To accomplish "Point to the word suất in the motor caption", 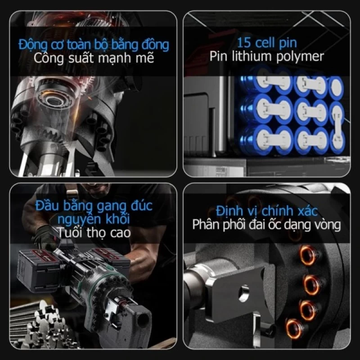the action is (81, 58).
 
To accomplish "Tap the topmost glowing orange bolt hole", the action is (308, 255).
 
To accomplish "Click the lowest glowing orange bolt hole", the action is (293, 328).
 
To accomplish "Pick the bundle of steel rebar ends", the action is (37, 321).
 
